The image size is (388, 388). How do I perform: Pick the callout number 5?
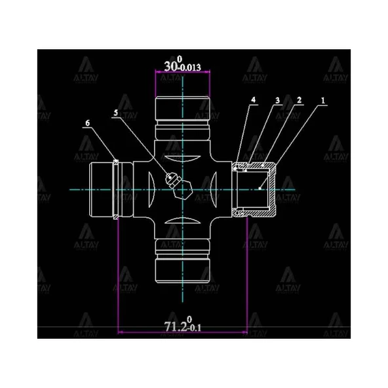pyautogui.click(x=116, y=113)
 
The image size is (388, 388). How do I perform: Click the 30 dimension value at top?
pyautogui.click(x=172, y=66)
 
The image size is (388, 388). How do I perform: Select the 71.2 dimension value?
pyautogui.click(x=175, y=325)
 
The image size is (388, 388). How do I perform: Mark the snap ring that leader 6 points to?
pyautogui.click(x=117, y=189)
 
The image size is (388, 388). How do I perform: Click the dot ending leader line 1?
pyautogui.click(x=261, y=188)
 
